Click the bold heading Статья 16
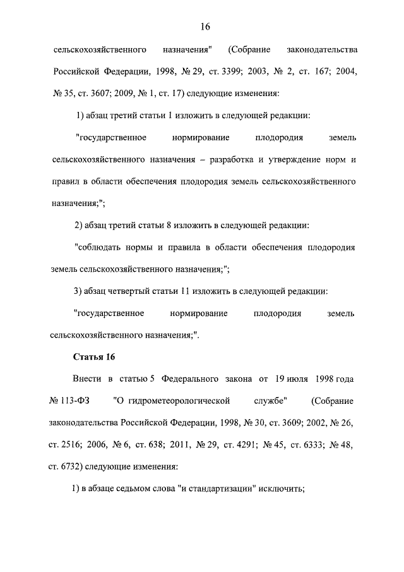pyautogui.click(x=94, y=356)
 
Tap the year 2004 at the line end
pyautogui.click(x=345, y=71)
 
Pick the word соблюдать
pyautogui.click(x=98, y=246)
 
